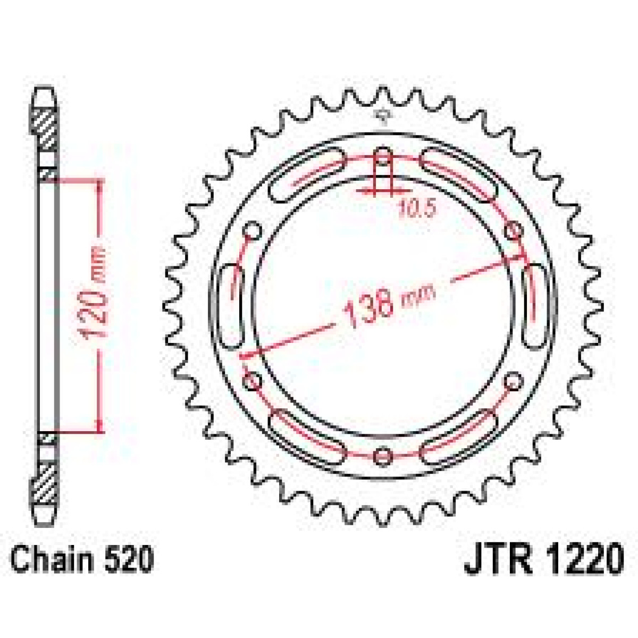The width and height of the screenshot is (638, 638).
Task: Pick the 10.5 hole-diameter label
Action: [416, 208]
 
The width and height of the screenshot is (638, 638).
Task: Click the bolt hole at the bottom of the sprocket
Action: [383, 456]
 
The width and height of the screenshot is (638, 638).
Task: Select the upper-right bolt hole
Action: [513, 231]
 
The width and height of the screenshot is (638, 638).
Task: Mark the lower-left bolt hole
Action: [253, 381]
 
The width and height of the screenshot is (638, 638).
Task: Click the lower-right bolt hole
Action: [513, 381]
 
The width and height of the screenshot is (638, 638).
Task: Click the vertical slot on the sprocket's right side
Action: [533, 306]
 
